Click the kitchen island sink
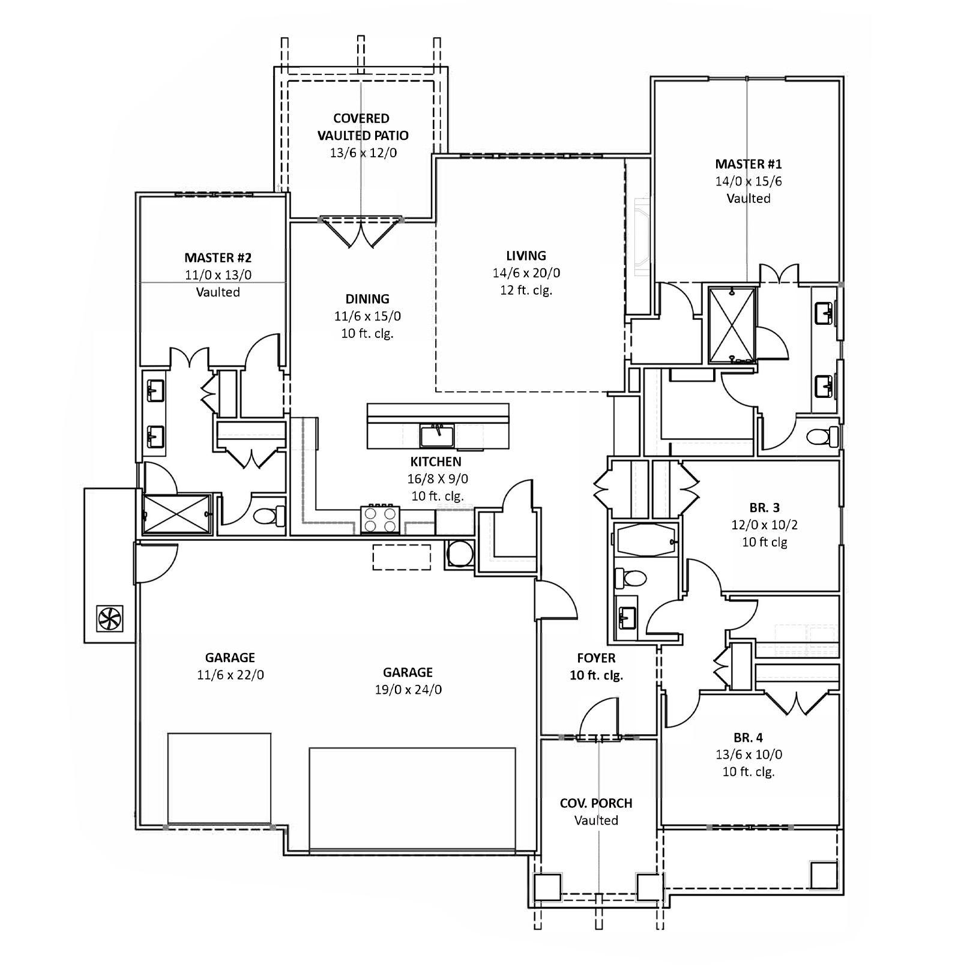pos(437,435)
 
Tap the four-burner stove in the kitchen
pos(380,520)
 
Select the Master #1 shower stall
pos(732,325)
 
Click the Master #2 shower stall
pos(177,514)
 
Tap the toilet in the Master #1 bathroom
pos(822,436)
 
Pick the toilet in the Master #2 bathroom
pos(268,516)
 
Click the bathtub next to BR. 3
pos(646,539)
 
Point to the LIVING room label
pos(526,256)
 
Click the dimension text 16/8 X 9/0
pos(437,479)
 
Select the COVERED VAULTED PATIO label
pos(362,127)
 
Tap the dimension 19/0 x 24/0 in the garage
pos(408,690)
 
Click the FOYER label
pos(596,658)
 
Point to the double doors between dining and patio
pos(361,233)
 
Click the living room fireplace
pos(642,236)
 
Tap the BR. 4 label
pos(748,738)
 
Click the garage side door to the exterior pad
pos(156,563)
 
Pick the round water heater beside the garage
pos(460,553)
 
